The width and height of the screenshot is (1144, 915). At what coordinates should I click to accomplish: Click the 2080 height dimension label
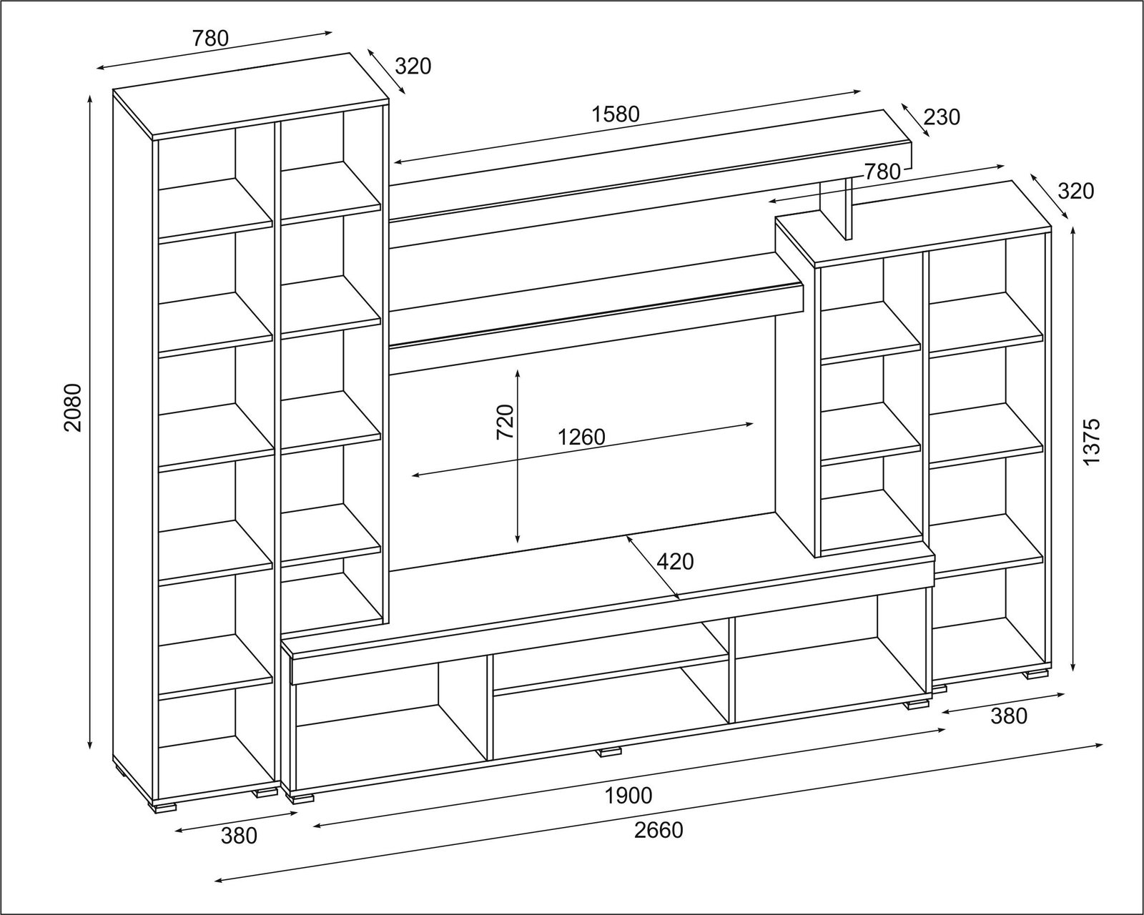73,407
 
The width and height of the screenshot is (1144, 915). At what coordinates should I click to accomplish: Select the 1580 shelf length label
615,114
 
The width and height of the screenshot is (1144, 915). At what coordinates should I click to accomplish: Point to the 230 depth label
942,117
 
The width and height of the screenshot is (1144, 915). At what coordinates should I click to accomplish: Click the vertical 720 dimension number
505,422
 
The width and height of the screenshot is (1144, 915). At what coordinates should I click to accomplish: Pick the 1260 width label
581,437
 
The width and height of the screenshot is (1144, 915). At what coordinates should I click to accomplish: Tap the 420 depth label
675,562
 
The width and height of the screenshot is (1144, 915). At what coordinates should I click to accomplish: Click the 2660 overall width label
658,830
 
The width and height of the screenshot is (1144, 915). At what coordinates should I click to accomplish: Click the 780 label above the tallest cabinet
210,39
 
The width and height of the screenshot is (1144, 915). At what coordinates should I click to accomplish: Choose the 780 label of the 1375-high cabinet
882,172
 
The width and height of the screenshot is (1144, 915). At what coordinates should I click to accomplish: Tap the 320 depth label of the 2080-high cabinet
413,66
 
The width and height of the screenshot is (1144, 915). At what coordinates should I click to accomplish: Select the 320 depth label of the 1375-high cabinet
1076,191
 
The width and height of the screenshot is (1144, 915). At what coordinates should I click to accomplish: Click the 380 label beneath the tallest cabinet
239,836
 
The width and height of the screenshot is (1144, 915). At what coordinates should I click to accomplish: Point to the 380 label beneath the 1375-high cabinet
1008,716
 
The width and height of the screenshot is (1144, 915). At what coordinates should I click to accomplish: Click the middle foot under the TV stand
610,751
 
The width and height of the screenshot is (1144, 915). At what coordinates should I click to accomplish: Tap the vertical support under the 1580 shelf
837,208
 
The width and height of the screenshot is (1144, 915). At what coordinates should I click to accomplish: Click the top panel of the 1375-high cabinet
913,224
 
